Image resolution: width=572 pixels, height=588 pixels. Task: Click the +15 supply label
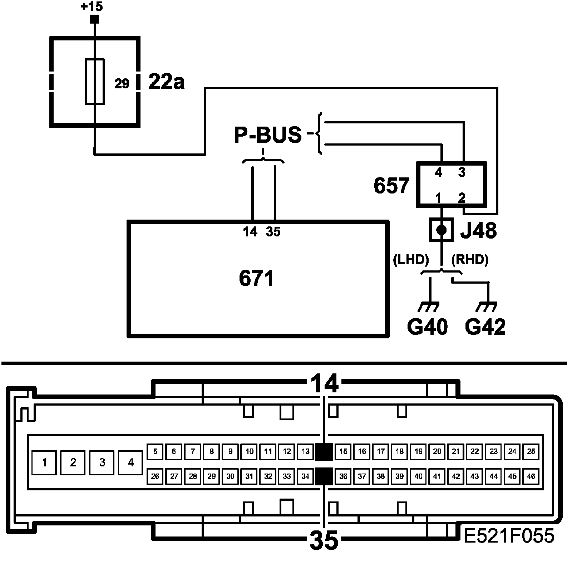point(92,6)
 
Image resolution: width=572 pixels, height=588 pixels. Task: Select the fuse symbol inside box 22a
point(95,82)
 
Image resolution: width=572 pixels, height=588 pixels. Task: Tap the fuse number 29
point(122,84)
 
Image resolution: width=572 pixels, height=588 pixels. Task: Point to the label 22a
point(166,82)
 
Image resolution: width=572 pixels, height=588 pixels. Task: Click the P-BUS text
point(267,135)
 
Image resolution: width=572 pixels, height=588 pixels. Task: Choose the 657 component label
point(391,186)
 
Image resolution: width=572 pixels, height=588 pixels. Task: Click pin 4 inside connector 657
point(439,173)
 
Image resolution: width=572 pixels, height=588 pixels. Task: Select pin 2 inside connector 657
point(462,197)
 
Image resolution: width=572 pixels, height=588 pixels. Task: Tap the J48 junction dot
point(442,229)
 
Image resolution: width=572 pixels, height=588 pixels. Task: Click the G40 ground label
point(428,327)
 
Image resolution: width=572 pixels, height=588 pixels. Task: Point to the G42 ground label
point(485,327)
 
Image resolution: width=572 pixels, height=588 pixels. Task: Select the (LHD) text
point(410,260)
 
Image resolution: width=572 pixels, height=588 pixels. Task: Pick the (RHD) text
point(470,260)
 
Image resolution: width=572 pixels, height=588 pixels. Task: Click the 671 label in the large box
point(257,278)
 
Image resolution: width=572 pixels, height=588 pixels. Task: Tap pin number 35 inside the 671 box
point(273,232)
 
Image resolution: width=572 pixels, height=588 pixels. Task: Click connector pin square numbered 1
point(44,462)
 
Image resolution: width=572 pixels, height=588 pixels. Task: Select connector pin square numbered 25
point(531,451)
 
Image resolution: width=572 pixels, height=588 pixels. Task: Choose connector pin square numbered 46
point(531,476)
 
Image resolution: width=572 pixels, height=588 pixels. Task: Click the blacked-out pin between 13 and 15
point(324,451)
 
